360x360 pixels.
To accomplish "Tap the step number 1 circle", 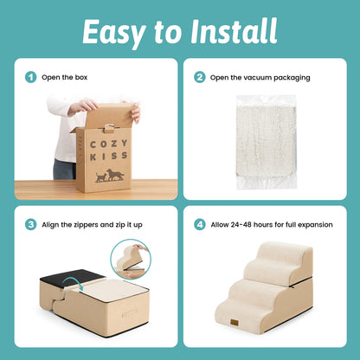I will (31, 77).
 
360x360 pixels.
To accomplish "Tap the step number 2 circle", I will (200, 77).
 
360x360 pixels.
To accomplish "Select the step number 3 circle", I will (31, 224).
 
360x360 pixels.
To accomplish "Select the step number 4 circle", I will (200, 224).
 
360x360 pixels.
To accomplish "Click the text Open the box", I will (65, 77).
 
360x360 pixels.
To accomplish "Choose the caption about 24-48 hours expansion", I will (273, 224).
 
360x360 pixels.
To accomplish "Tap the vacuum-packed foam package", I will (266, 144).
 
